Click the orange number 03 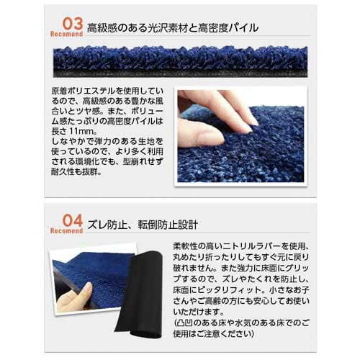click(68, 23)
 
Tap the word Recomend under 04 click(66, 230)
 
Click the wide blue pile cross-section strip click(180, 61)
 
